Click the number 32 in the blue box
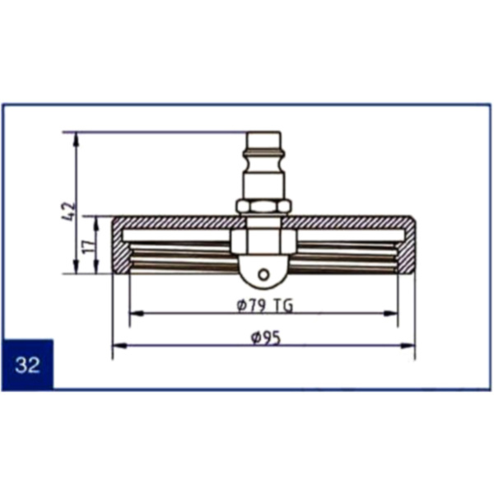tap(27, 365)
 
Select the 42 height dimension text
tap(69, 211)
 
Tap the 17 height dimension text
tap(89, 245)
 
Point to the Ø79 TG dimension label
tap(264, 305)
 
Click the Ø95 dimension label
tap(265, 338)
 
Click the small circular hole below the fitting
tap(263, 274)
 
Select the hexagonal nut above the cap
tap(263, 207)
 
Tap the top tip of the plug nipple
tap(263, 133)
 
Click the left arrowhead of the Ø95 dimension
tap(119, 346)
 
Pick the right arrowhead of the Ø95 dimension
tap(408, 346)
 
